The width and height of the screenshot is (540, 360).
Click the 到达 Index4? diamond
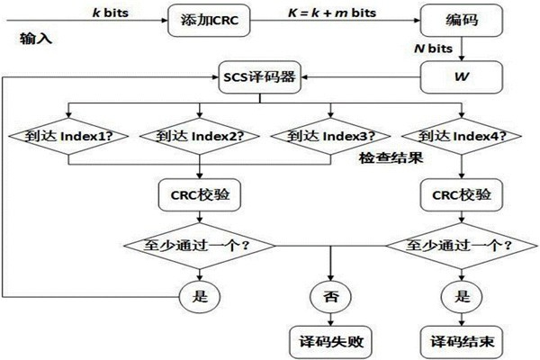462,138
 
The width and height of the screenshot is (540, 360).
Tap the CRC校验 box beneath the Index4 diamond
461,194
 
